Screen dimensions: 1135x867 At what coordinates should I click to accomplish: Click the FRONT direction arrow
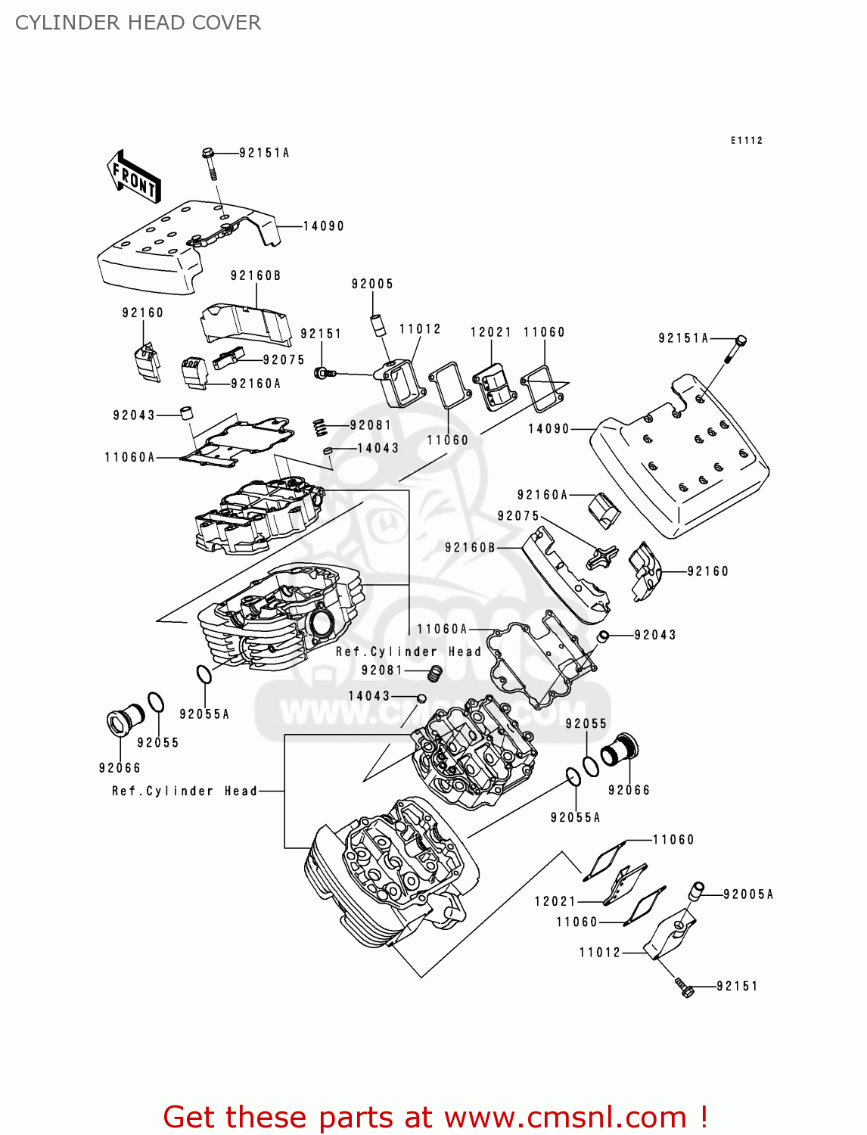(x=134, y=178)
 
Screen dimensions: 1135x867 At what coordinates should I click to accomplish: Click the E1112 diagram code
(x=746, y=141)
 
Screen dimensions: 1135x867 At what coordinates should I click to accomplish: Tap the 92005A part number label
(x=748, y=894)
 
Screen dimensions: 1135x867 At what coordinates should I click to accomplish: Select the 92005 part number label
(x=372, y=285)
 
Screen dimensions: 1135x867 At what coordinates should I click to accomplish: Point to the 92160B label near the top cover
(x=256, y=276)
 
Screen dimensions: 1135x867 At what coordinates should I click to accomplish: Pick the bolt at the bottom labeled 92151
(x=684, y=986)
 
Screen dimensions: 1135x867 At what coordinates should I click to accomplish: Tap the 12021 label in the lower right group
(x=555, y=901)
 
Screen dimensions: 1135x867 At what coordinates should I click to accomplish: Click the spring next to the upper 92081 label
(x=321, y=428)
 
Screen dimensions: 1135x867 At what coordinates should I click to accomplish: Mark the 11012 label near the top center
(x=420, y=329)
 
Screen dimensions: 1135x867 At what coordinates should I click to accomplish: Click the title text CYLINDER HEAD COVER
(x=138, y=23)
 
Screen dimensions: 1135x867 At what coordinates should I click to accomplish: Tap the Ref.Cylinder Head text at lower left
(x=185, y=791)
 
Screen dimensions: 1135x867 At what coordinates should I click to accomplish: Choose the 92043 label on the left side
(x=134, y=415)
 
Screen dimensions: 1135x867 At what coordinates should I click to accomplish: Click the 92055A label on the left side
(x=204, y=714)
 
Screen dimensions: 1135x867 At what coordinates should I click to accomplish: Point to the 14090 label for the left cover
(x=323, y=226)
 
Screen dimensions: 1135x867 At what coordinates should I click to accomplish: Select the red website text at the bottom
(x=435, y=1117)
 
